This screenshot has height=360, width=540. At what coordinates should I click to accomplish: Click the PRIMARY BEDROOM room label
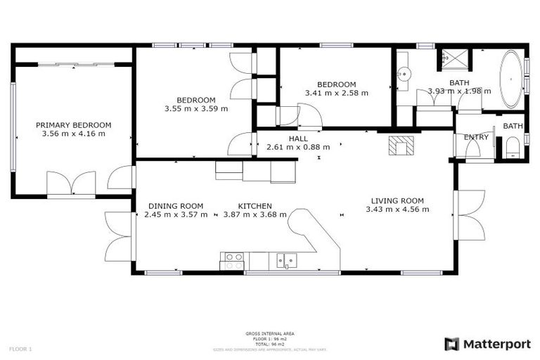click(73, 124)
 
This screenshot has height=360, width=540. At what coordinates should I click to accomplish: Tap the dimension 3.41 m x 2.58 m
click(336, 93)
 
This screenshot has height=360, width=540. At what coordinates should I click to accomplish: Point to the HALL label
click(298, 139)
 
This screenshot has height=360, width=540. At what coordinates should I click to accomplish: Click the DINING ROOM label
click(176, 206)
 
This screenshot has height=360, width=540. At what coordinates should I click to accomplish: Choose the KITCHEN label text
click(255, 206)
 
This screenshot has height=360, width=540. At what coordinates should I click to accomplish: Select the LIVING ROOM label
click(398, 200)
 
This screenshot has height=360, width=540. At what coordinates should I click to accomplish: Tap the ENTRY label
click(477, 137)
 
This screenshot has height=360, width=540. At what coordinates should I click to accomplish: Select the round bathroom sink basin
click(404, 72)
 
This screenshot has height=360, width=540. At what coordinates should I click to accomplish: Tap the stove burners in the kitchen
click(233, 261)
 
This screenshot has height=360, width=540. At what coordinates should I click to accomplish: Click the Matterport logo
click(486, 344)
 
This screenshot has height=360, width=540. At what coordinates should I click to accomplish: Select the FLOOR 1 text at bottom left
click(20, 349)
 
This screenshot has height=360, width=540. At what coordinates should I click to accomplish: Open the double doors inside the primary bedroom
click(71, 184)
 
